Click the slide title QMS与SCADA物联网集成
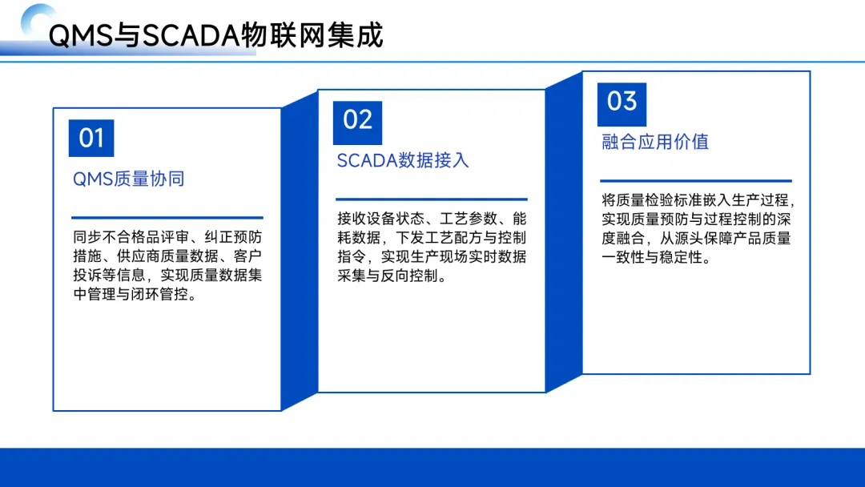215,36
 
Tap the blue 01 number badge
91,138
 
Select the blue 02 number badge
357,123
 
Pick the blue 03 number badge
622,104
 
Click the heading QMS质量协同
128,179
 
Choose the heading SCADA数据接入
403,160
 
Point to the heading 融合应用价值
655,142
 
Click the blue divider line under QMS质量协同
167,218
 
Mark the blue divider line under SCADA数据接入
432,199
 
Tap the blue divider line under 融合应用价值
696,180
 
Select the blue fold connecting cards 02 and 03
564,232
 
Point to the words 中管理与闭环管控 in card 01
131,295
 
